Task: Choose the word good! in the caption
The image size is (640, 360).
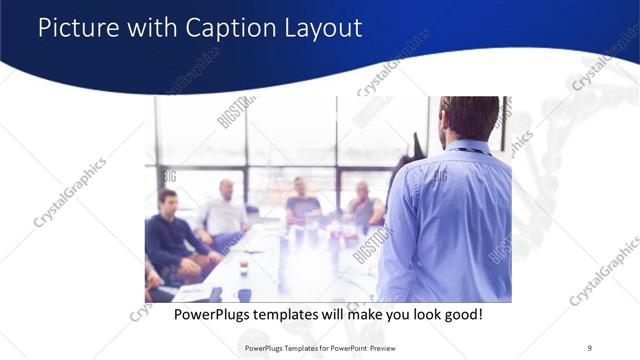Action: (x=463, y=314)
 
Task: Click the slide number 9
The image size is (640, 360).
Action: (x=589, y=347)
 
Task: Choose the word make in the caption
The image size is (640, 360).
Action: (x=356, y=314)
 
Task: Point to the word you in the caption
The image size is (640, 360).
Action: (x=392, y=314)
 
